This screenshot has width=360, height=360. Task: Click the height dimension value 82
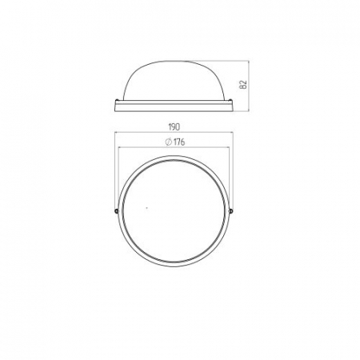(244, 84)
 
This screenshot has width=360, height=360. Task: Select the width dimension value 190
(174, 127)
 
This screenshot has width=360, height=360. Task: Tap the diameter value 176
(179, 142)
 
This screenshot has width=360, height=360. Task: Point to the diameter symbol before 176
(169, 142)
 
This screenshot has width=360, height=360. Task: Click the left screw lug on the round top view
(116, 211)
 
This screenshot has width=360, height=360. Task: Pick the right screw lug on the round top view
(231, 211)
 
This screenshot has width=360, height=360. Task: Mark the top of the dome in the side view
(174, 61)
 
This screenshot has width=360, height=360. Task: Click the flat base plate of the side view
(174, 106)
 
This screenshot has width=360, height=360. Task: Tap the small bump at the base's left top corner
(118, 100)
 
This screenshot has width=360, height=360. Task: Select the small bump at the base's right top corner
(230, 100)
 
